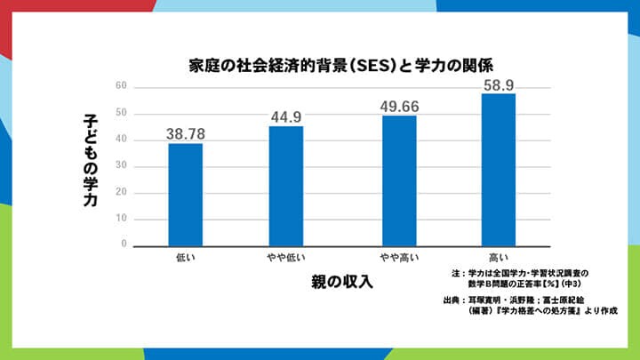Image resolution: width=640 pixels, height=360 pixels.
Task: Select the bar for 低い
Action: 186,194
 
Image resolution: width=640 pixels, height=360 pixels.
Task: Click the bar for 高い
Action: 498,169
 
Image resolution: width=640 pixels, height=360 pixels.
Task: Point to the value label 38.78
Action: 185,133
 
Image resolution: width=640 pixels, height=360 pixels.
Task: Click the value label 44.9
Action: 286,116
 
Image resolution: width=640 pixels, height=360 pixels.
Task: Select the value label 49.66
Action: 400,106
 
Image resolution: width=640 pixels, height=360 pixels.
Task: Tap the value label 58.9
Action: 498,84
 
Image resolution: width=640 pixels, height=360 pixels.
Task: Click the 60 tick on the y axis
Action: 122,87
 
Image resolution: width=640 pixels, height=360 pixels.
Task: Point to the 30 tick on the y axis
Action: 122,166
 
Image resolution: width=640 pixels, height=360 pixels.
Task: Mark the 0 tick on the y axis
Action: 124,244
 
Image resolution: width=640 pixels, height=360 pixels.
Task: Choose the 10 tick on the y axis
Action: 122,219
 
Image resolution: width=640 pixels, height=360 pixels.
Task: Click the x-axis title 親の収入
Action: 341,282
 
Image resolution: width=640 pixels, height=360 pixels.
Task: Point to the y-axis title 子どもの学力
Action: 91,160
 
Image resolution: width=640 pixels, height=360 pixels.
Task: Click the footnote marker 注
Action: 455,272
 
